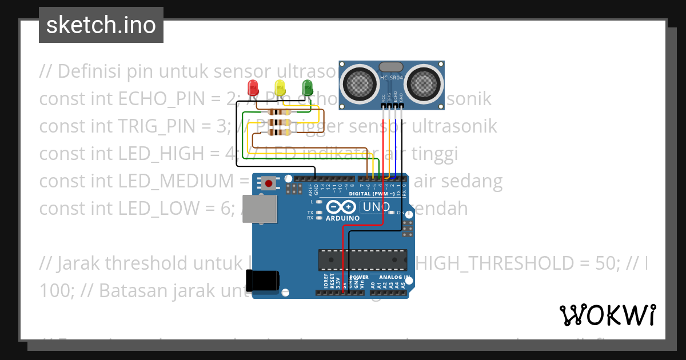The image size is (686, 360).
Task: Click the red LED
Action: click(x=252, y=87)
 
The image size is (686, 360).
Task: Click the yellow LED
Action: click(x=280, y=87)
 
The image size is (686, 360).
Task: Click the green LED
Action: click(x=307, y=87)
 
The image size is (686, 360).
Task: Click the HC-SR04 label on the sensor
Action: click(x=392, y=78)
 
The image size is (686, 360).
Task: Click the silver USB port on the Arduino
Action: click(x=258, y=209)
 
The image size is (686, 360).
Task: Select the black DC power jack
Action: click(x=263, y=281)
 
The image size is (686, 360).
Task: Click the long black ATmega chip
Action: click(x=362, y=259)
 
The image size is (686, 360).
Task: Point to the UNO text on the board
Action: click(x=377, y=207)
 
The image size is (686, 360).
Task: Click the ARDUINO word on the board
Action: click(x=343, y=218)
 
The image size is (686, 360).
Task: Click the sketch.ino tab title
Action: click(x=101, y=25)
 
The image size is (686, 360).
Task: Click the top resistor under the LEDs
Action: click(x=279, y=113)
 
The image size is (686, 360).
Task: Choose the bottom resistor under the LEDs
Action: click(x=279, y=133)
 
